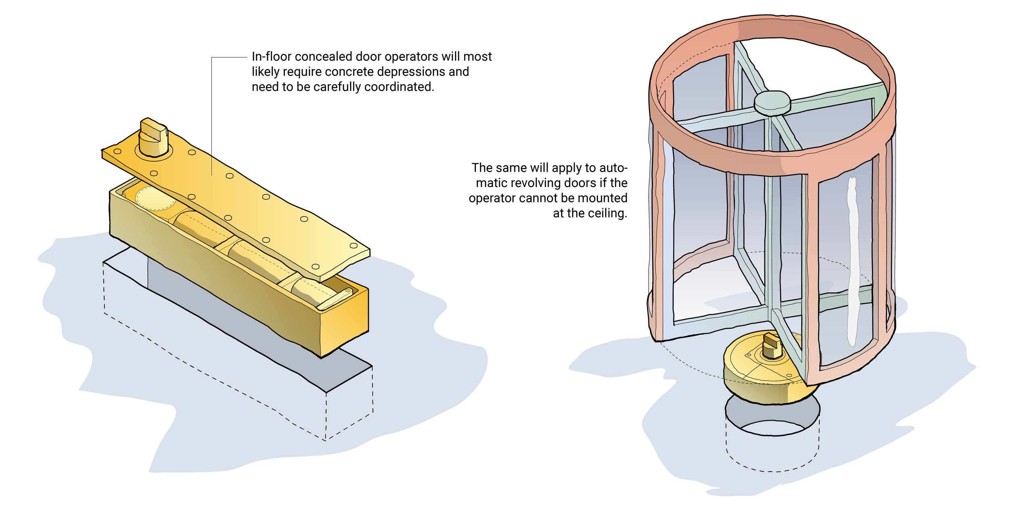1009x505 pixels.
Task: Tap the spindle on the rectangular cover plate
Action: click(x=153, y=137)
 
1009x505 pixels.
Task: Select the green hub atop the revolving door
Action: click(x=772, y=102)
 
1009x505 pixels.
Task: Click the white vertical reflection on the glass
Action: click(x=852, y=262)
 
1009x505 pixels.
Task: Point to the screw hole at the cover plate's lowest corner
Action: click(x=316, y=267)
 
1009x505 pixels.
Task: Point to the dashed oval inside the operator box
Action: click(x=155, y=198)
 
